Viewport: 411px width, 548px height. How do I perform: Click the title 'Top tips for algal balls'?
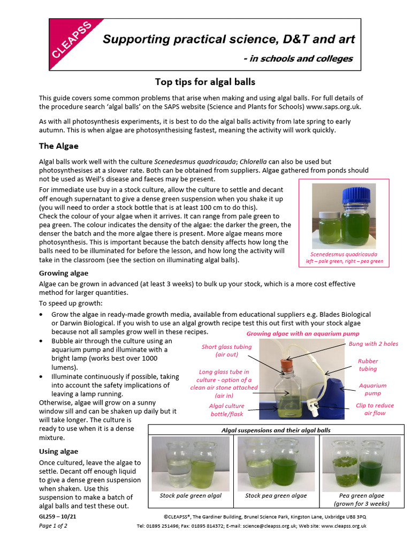click(x=205, y=82)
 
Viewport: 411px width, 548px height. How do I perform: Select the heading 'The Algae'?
click(x=59, y=146)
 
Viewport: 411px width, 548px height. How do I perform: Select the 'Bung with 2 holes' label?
click(x=373, y=343)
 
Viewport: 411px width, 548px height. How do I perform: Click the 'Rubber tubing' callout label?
click(x=368, y=365)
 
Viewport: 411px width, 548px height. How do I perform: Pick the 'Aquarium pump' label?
click(x=372, y=389)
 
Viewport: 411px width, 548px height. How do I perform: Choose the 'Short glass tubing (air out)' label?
click(x=226, y=351)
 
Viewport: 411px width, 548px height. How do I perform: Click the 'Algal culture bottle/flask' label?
click(x=226, y=409)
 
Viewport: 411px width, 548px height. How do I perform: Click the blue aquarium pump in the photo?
click(x=332, y=396)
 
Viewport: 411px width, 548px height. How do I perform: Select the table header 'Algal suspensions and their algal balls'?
click(x=276, y=430)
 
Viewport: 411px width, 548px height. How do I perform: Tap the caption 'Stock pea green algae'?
click(x=276, y=496)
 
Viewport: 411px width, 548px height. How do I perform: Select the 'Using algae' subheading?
click(x=58, y=451)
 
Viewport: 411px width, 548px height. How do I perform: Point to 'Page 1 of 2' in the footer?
click(x=53, y=526)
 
